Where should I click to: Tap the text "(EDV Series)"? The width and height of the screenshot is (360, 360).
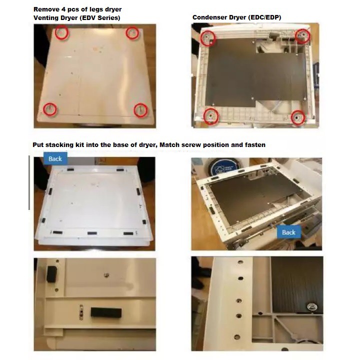pos(100,18)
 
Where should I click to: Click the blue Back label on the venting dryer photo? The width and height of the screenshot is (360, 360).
pos(55,158)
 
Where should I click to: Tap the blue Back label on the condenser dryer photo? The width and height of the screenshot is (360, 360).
pos(288,232)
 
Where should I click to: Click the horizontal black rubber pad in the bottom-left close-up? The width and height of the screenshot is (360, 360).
pos(106,312)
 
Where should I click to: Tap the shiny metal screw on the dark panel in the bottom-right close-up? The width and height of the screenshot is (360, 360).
pos(312,306)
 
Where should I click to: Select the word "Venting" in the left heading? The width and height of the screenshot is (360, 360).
pos(45,18)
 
